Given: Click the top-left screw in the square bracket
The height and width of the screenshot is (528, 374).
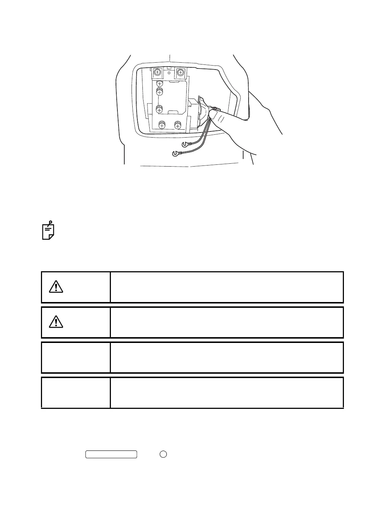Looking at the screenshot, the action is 157,72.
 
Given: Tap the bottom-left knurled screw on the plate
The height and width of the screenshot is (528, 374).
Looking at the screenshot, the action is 162,125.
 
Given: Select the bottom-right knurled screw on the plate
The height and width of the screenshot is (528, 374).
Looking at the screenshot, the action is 178,125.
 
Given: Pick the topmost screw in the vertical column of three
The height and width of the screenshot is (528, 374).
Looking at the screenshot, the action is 159,84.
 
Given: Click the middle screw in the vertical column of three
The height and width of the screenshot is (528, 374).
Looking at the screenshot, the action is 159,92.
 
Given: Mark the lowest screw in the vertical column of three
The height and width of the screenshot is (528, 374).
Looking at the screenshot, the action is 159,108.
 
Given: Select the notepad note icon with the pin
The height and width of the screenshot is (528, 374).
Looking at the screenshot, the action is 48,230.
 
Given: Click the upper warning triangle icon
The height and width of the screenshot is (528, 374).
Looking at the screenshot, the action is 56,287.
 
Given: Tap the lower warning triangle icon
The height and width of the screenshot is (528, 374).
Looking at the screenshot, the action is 56,322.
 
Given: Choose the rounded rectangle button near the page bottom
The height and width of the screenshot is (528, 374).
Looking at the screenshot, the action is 111,454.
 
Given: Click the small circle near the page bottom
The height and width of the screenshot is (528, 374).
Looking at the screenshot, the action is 163,454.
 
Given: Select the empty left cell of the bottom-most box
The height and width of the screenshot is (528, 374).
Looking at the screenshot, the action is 76,393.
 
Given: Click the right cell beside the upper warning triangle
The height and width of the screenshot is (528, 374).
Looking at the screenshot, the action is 227,287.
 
